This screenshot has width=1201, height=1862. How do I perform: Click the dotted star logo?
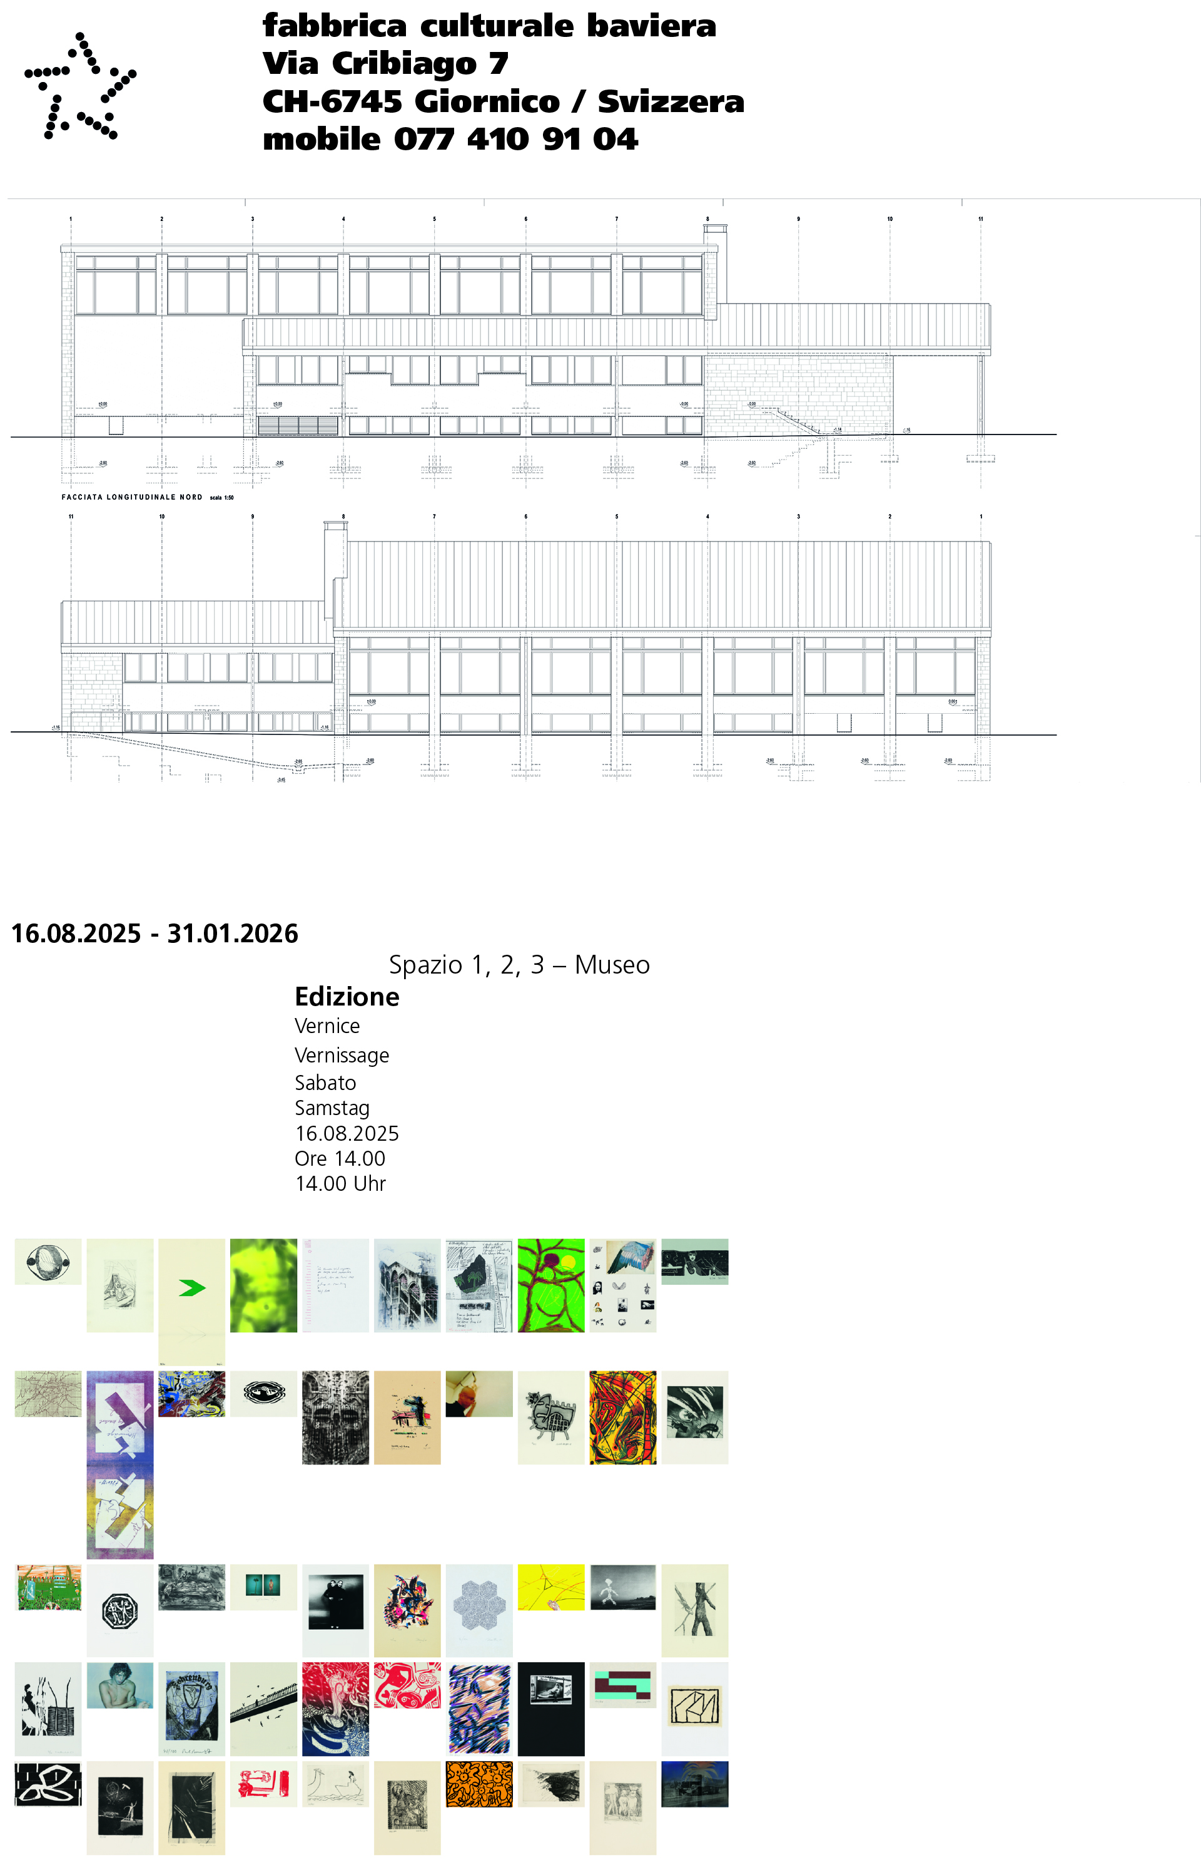point(79,86)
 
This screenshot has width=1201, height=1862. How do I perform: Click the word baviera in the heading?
point(651,26)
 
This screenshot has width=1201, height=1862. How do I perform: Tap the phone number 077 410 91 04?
point(515,140)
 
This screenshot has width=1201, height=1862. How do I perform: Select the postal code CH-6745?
point(332,102)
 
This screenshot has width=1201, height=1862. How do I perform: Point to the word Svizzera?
point(670,102)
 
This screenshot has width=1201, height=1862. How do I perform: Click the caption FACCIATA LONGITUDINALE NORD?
point(132,497)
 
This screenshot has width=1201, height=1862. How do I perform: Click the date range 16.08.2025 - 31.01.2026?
point(155,934)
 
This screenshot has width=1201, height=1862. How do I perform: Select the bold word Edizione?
point(347,997)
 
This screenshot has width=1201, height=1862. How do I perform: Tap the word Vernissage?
point(341,1055)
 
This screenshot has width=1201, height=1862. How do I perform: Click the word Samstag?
point(332,1108)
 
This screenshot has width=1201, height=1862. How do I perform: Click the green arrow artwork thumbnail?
point(192,1288)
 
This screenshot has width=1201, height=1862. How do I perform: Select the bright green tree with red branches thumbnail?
point(550,1285)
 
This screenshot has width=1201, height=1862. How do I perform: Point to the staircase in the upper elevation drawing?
point(796,421)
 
